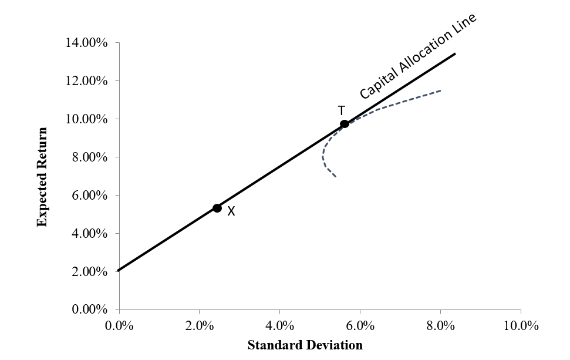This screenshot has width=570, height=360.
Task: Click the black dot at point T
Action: [345, 123]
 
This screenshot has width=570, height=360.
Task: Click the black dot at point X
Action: [217, 208]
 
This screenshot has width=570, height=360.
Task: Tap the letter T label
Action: [341, 110]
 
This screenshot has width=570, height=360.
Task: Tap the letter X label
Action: [231, 212]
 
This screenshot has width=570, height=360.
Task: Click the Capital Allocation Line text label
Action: [417, 56]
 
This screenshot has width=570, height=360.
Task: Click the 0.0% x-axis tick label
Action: [119, 326]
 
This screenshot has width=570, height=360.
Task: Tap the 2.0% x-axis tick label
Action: [200, 326]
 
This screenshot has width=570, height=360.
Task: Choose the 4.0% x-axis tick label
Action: [280, 326]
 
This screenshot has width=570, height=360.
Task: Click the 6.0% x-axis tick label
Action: [360, 326]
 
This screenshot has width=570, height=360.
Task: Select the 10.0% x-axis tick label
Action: [521, 326]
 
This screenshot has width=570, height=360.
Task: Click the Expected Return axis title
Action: [42, 176]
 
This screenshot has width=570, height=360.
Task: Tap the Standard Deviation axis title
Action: [305, 345]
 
